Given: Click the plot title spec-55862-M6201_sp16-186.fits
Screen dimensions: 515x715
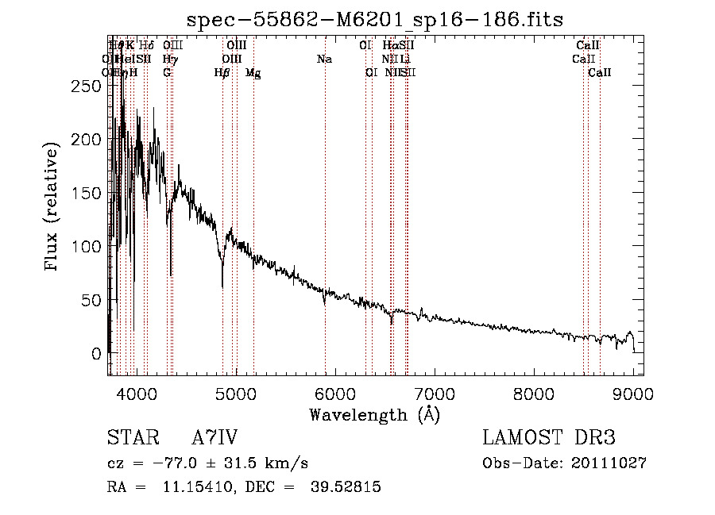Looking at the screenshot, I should [374, 19].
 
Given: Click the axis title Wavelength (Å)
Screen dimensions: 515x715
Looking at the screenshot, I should [374, 414].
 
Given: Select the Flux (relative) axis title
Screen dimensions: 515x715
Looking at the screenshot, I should [53, 208].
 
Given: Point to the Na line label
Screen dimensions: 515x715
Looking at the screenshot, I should [324, 60].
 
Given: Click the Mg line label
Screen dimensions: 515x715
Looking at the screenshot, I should [253, 73].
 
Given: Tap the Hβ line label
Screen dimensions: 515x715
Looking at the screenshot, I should [222, 73].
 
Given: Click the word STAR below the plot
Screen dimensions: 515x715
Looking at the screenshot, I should [130, 439].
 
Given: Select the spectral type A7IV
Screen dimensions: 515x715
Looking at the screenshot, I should [214, 439].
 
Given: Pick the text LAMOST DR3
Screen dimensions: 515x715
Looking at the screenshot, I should [549, 439].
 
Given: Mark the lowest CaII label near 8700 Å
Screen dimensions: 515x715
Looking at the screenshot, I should [600, 73].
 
